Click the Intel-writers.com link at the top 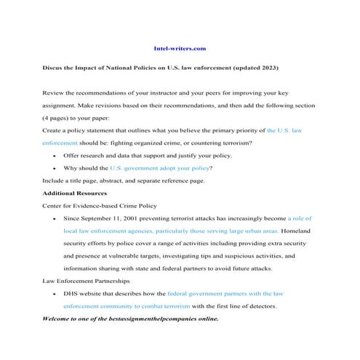pos(180,48)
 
